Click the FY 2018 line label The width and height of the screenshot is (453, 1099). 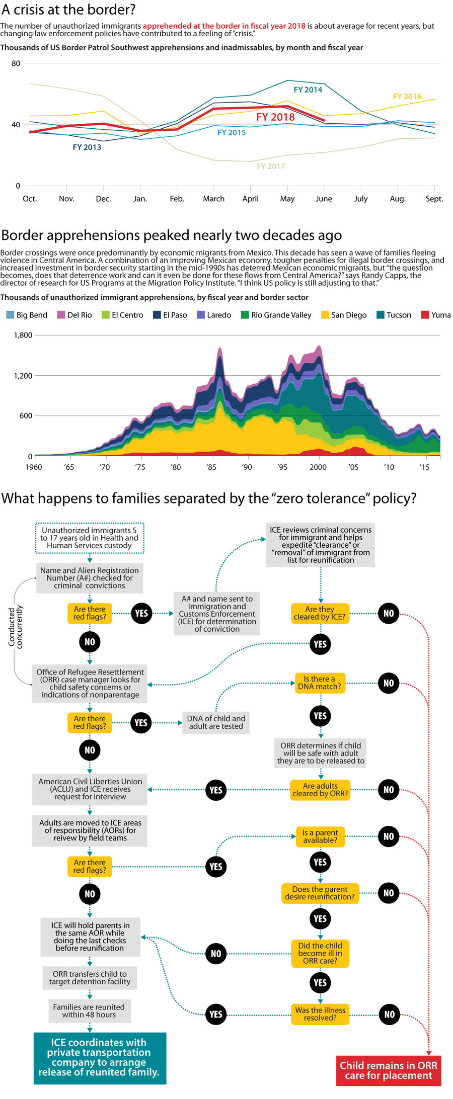(x=275, y=117)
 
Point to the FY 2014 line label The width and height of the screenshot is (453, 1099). (x=308, y=90)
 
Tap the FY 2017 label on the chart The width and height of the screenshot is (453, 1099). (x=271, y=166)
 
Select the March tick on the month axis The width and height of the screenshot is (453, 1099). (x=213, y=199)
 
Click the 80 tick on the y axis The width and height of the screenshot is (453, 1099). (x=16, y=63)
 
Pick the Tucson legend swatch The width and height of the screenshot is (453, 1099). (x=381, y=315)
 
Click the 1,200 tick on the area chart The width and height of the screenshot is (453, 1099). (x=23, y=375)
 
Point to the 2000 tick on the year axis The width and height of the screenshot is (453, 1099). (x=318, y=467)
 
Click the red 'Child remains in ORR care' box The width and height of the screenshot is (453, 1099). (x=388, y=1070)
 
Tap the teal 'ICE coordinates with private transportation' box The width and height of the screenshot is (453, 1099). (x=99, y=1057)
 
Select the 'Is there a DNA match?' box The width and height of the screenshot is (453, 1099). (x=320, y=683)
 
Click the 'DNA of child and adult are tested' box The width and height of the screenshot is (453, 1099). (x=216, y=722)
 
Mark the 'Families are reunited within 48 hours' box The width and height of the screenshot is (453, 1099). (x=89, y=1010)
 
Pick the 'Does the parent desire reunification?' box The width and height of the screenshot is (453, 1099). (x=320, y=893)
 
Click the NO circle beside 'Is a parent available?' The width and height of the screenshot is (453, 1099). (x=389, y=836)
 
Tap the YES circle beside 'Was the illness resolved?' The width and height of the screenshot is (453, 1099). (x=216, y=1014)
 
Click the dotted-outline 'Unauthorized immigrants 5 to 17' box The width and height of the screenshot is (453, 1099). (x=90, y=538)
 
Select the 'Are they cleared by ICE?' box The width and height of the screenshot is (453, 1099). (x=320, y=613)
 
